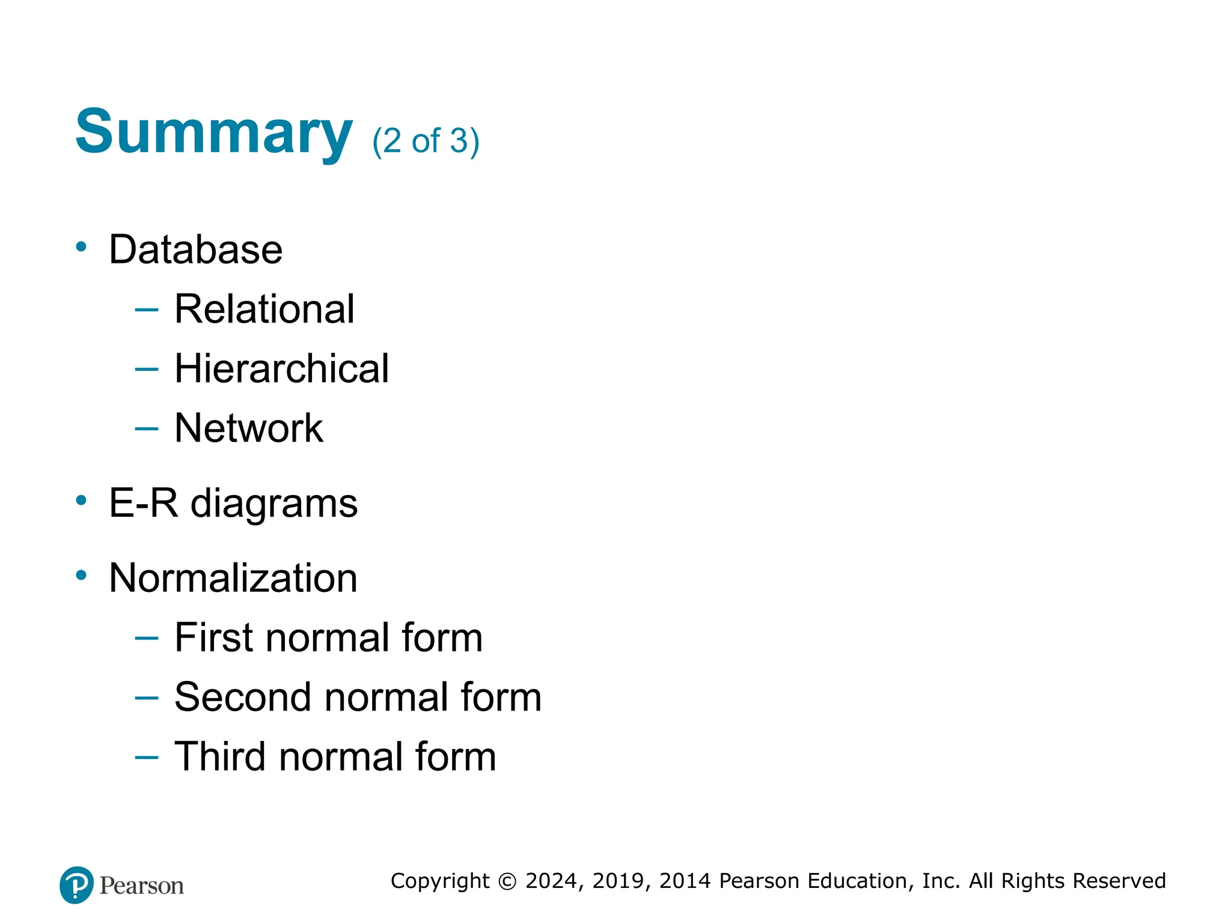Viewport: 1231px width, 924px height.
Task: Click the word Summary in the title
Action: pyautogui.click(x=213, y=132)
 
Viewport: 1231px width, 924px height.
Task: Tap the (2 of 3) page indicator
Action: pyautogui.click(x=426, y=141)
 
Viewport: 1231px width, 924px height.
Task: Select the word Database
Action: pyautogui.click(x=195, y=250)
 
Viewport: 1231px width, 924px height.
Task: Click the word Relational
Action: pyautogui.click(x=264, y=309)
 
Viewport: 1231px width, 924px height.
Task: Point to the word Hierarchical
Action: pyautogui.click(x=281, y=369)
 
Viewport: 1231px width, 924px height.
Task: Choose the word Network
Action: pyautogui.click(x=249, y=428)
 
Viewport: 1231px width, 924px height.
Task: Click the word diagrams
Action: pyautogui.click(x=274, y=504)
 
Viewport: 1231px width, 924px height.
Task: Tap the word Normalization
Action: pyautogui.click(x=233, y=578)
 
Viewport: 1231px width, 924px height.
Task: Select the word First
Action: pyautogui.click(x=215, y=638)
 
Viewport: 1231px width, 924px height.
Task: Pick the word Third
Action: pyautogui.click(x=220, y=757)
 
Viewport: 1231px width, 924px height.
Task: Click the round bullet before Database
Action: pyautogui.click(x=81, y=246)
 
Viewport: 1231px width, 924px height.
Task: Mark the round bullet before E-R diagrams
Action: pyautogui.click(x=81, y=500)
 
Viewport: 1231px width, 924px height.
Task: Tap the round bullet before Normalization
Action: pyautogui.click(x=81, y=575)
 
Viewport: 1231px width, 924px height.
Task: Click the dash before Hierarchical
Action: pyautogui.click(x=147, y=369)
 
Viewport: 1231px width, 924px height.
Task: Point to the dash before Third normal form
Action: pyautogui.click(x=147, y=757)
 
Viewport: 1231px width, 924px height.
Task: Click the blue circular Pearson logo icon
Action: pyautogui.click(x=77, y=885)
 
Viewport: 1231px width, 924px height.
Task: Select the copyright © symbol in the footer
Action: pyautogui.click(x=507, y=881)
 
